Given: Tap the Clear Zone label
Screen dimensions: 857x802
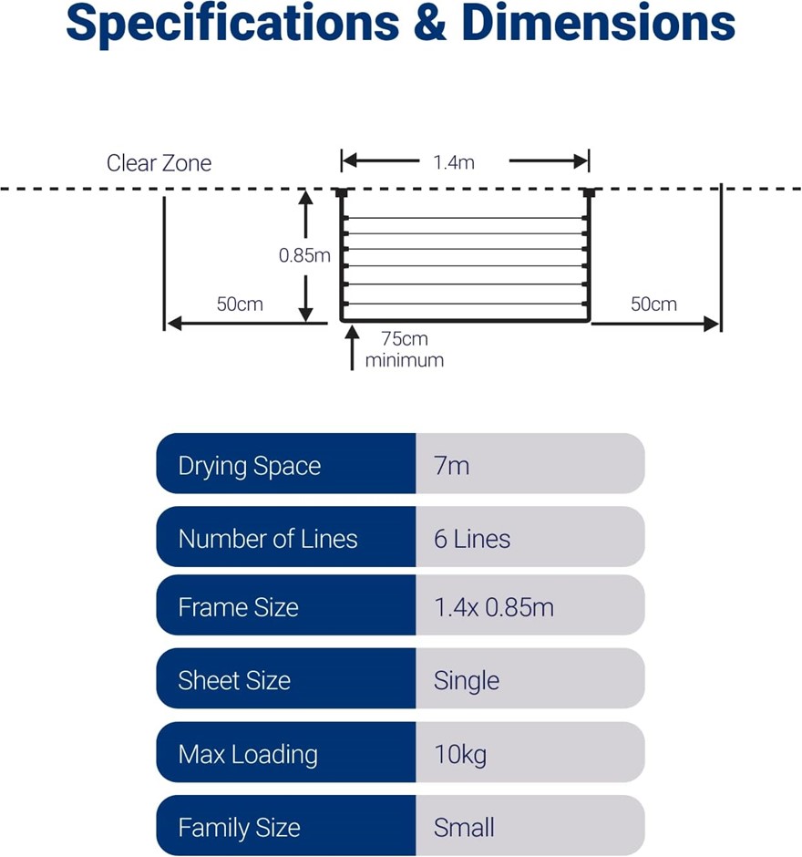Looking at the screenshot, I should [159, 163].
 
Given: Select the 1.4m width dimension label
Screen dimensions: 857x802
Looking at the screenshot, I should [454, 163].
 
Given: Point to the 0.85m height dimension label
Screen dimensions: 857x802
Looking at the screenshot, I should [304, 256].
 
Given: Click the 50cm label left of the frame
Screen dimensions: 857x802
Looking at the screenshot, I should [240, 304].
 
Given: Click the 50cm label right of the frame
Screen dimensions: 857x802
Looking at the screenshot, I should [653, 304].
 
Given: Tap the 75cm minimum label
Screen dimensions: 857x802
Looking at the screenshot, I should [405, 349].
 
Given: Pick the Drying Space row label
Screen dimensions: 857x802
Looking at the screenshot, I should [250, 466].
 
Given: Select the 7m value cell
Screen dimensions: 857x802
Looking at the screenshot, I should [452, 466].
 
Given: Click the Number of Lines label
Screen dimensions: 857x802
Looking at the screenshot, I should [268, 539].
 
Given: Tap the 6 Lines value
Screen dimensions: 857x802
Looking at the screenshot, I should [472, 539].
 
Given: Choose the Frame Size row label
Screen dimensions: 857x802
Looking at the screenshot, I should [238, 607].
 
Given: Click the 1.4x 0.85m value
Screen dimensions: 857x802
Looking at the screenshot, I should [494, 607].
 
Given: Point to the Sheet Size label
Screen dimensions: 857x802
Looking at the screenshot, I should [234, 680].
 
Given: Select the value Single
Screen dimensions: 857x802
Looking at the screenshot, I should [467, 680].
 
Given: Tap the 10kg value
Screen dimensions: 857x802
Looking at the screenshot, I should [460, 754].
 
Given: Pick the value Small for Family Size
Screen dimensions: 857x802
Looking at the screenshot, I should [464, 828].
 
